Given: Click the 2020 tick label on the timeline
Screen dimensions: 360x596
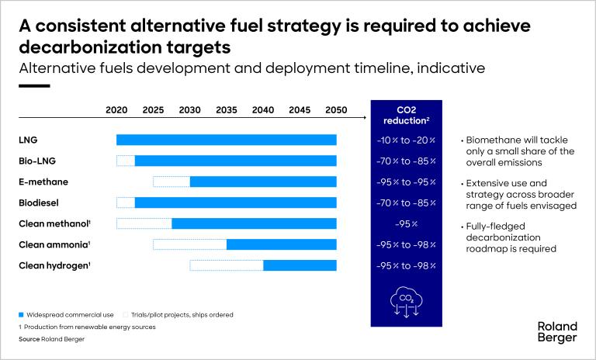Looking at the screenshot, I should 116,110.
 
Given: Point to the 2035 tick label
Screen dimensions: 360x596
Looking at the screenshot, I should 226,110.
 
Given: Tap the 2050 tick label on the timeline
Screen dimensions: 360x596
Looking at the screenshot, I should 336,110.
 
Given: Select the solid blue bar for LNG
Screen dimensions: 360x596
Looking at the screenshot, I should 227,140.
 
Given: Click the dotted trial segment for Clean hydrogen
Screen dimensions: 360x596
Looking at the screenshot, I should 227,265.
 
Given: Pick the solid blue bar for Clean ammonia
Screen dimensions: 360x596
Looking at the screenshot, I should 282,244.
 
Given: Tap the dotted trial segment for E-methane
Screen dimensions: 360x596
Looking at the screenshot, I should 172,182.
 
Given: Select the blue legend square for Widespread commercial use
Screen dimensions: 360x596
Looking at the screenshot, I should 21,315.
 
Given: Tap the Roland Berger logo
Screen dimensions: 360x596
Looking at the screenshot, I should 557,332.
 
